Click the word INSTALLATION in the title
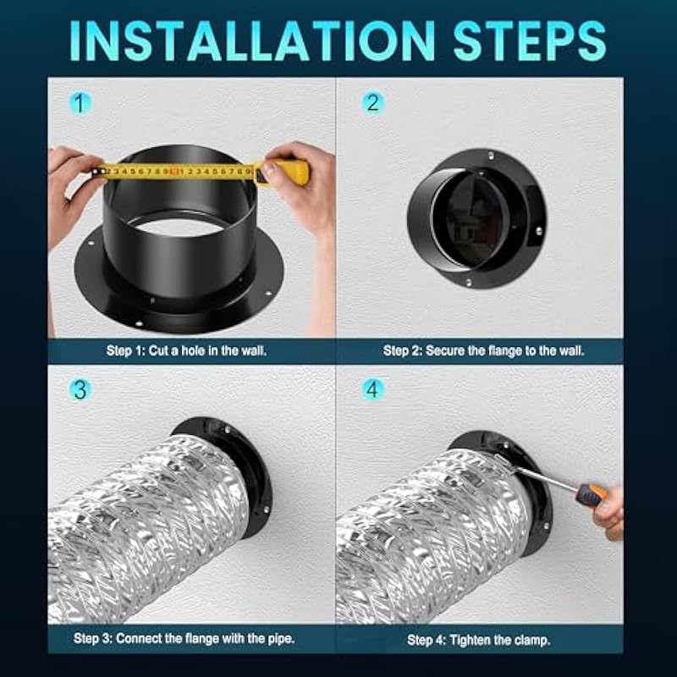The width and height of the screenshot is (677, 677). point(252,41)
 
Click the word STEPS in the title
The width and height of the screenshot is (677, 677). point(530,41)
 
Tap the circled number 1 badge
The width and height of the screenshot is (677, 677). point(80,103)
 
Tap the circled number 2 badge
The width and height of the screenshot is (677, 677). point(372,103)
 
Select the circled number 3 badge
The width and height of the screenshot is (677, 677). point(80,389)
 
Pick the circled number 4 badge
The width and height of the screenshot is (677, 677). point(372,389)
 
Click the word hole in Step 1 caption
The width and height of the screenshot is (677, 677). point(194,350)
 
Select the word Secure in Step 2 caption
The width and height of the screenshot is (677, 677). point(446,350)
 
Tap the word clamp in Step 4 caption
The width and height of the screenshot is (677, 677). point(533,640)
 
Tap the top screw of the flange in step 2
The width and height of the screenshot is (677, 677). point(491,155)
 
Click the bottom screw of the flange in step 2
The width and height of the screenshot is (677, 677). point(469,283)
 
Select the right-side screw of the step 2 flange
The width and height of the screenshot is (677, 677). point(539,231)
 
